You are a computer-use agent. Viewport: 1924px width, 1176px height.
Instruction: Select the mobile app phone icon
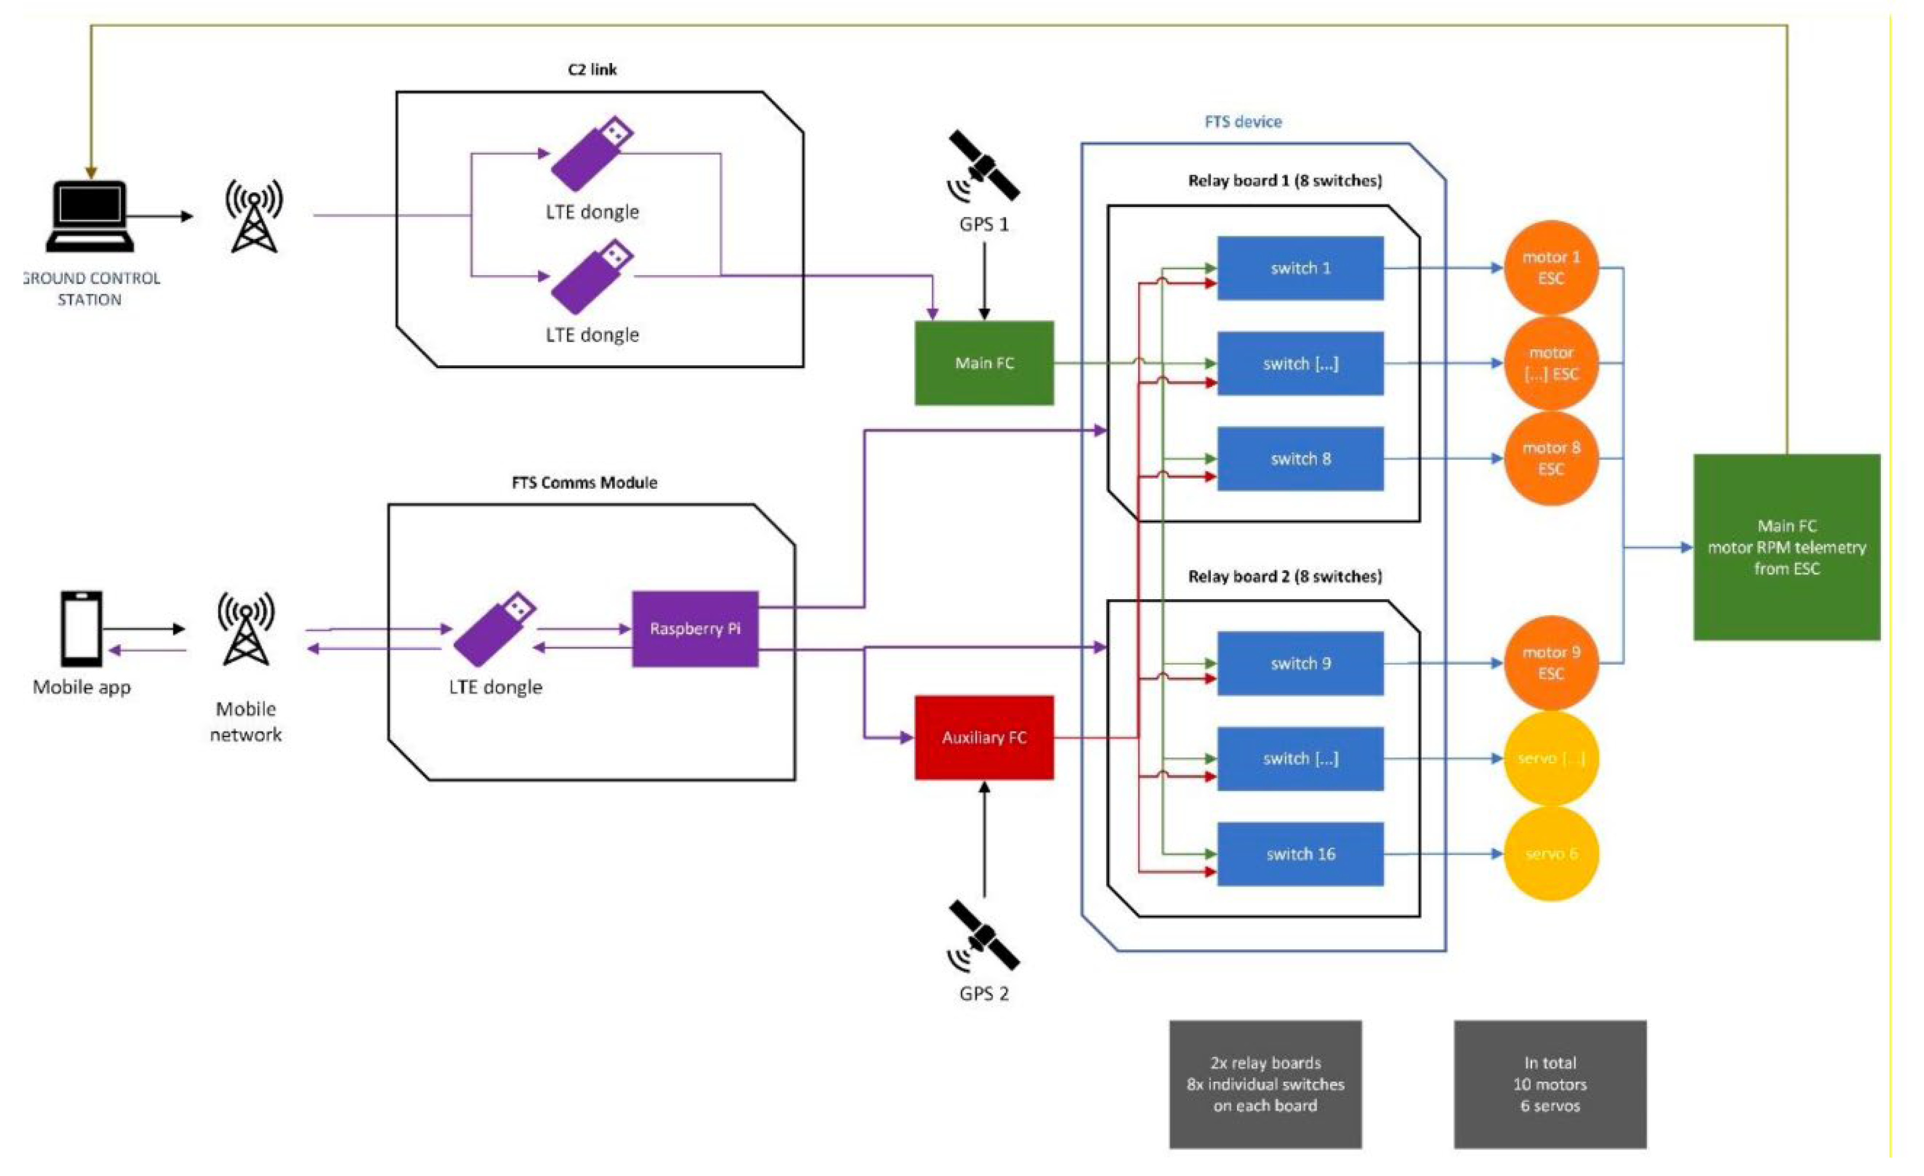(x=81, y=628)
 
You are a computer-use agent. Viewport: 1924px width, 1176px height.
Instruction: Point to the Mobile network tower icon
(x=246, y=628)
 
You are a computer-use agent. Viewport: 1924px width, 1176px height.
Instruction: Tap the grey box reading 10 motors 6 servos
(x=1549, y=1083)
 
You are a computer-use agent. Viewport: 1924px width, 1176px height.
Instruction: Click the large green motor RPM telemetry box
(x=1786, y=546)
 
